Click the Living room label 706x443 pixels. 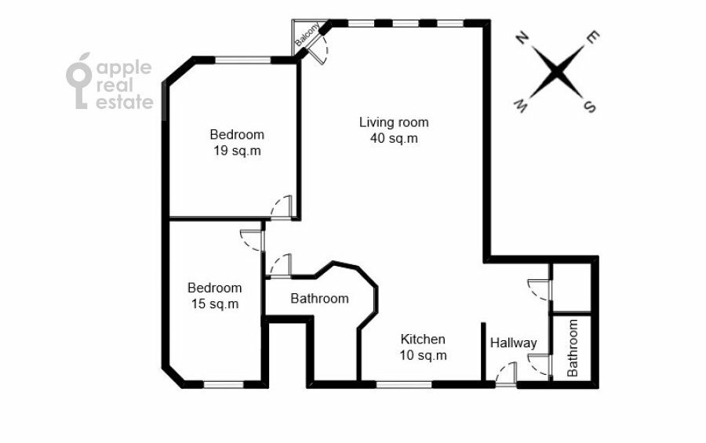[x=394, y=122]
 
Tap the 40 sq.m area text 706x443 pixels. [x=394, y=139]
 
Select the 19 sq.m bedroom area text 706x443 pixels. [x=237, y=151]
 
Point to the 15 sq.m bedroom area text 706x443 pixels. [x=215, y=304]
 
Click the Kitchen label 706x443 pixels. [x=423, y=339]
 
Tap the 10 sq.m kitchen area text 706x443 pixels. [x=423, y=355]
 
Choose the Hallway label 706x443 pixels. [x=513, y=343]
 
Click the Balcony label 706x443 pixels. [x=307, y=34]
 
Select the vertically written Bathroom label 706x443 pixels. [x=572, y=348]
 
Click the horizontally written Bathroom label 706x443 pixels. [x=319, y=299]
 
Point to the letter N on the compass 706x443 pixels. [x=522, y=38]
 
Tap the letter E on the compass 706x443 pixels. [x=592, y=38]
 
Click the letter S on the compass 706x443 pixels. [x=589, y=107]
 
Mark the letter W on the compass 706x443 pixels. [x=521, y=107]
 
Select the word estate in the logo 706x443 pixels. [x=125, y=102]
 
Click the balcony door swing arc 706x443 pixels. [x=324, y=48]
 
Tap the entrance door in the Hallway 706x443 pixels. [x=506, y=374]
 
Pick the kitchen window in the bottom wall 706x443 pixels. [x=404, y=384]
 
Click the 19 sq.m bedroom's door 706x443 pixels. [x=282, y=207]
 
